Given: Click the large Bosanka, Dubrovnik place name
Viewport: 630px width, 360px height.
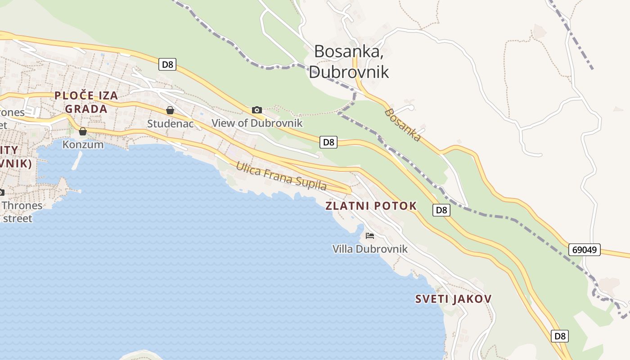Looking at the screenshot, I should [349, 61].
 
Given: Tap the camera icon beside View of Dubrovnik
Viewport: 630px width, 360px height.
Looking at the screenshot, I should [257, 110].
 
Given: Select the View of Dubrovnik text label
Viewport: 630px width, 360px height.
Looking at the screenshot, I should [257, 123].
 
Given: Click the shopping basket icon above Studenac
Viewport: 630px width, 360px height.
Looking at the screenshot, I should [170, 110].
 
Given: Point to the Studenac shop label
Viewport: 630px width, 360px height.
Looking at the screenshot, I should [170, 123].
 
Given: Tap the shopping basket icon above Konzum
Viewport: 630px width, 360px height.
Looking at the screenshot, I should [83, 131].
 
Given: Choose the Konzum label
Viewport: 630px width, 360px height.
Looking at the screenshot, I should [83, 144].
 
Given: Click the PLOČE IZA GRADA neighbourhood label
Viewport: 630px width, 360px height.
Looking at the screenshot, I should [86, 102].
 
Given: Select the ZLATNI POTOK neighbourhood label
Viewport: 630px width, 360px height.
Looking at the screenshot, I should [371, 206].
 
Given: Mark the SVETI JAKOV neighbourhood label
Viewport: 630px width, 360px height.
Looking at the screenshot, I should [453, 299].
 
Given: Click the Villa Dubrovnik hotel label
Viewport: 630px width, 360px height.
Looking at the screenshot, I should [370, 249].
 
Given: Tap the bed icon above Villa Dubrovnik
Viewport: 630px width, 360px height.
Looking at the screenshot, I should [370, 236].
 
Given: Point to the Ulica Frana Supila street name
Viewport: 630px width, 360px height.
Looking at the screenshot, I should [281, 176].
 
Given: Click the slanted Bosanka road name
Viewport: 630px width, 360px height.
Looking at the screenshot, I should [403, 125].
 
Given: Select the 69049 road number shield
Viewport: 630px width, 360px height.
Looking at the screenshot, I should [584, 249].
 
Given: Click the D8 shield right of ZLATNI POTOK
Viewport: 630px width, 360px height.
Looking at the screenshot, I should [441, 210].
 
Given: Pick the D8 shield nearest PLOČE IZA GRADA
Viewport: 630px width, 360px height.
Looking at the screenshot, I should [167, 64].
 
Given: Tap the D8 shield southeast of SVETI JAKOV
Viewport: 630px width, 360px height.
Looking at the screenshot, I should [560, 336].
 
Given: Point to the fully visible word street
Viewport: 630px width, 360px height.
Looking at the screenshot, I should [17, 219].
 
